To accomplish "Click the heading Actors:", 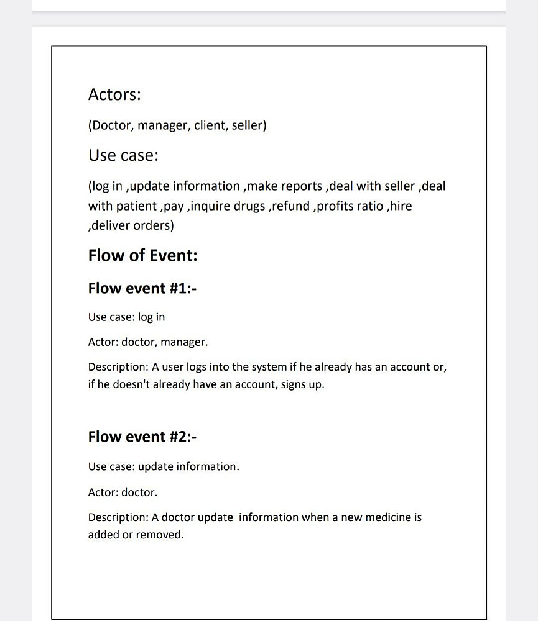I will point(114,95).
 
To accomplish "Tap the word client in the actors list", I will point(210,126).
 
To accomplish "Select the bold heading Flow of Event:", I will point(142,256).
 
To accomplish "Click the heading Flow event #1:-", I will point(142,288).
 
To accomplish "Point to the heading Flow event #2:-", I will point(142,437).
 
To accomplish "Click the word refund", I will point(292,206).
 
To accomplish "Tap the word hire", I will point(401,206).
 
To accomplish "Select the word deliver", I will point(113,225).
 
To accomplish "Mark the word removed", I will point(163,535).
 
